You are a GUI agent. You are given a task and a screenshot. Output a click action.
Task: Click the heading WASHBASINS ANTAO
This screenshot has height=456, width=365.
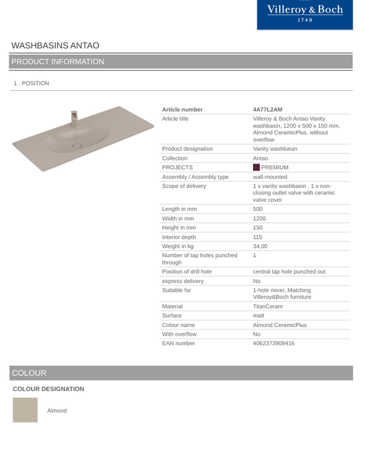(55, 46)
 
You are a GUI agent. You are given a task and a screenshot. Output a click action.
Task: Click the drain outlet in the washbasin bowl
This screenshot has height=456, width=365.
(77, 145)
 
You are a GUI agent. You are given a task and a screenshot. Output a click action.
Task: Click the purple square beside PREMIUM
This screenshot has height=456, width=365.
(256, 167)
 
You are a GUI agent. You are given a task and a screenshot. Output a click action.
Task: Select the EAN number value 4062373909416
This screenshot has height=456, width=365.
(273, 344)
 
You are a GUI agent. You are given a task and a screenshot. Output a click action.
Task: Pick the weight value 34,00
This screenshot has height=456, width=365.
(261, 247)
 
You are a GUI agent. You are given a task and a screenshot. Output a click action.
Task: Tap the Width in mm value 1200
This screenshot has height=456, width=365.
(260, 218)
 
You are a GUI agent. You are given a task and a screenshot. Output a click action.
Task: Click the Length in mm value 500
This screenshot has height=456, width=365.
(258, 208)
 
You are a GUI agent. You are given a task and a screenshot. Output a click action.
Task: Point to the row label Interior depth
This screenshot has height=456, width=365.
(181, 237)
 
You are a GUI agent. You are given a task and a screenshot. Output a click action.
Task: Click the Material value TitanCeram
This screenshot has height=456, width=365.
(268, 306)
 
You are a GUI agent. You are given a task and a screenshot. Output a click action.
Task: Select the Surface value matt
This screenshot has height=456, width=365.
(259, 316)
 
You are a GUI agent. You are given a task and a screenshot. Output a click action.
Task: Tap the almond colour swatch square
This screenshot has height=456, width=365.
(25, 410)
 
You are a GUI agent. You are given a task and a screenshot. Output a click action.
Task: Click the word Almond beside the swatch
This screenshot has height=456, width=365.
(57, 410)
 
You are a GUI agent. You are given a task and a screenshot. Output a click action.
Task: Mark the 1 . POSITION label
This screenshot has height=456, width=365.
(30, 83)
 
